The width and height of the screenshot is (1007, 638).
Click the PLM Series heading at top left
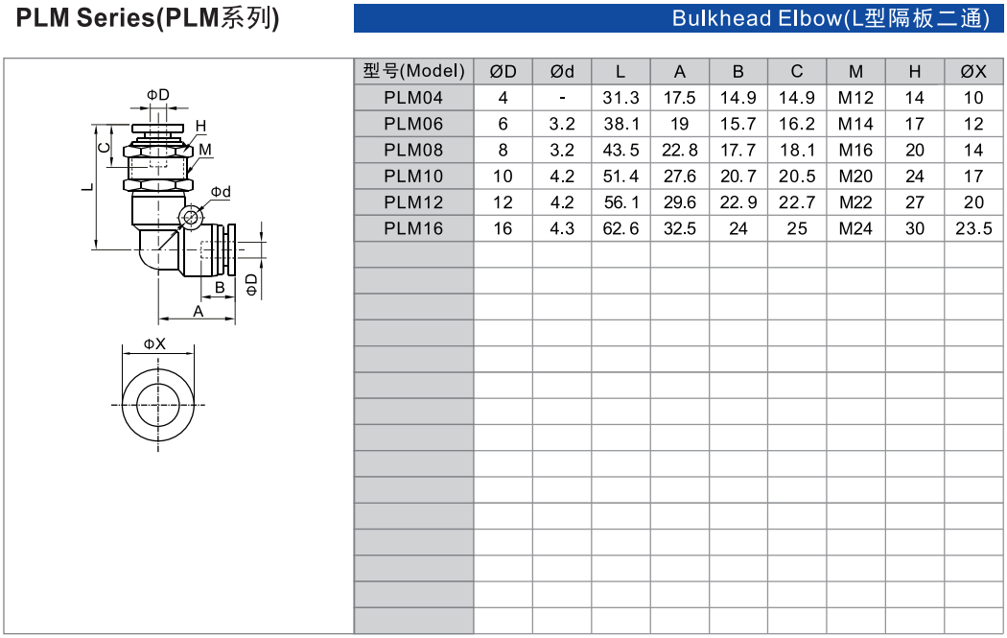point(148,18)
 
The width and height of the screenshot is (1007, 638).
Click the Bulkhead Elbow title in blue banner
point(831,18)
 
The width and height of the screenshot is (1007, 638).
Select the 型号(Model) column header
point(413,71)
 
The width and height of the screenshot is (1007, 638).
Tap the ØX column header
point(973,71)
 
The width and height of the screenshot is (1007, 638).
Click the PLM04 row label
point(413,98)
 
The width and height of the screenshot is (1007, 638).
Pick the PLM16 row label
point(413,228)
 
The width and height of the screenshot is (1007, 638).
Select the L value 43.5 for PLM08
point(621,150)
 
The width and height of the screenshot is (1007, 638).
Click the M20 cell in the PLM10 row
point(855,176)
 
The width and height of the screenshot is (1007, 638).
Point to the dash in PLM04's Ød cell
point(562,98)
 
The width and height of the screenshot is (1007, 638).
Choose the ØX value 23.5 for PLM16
point(973,228)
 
